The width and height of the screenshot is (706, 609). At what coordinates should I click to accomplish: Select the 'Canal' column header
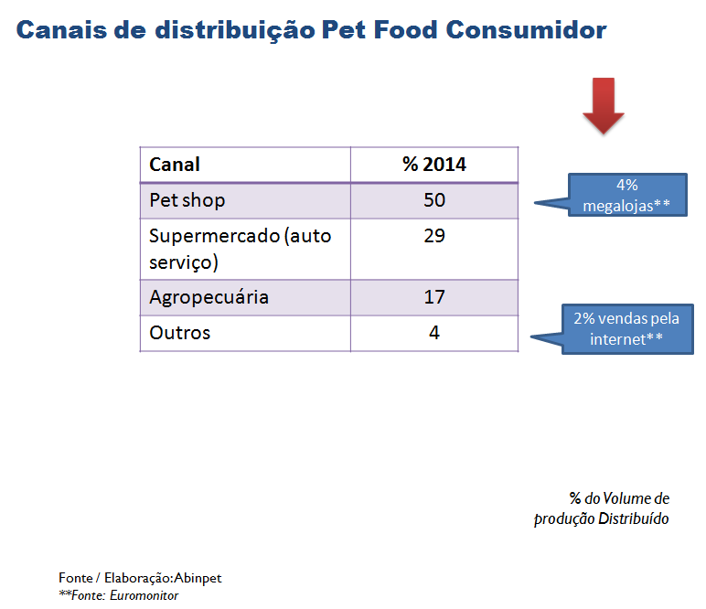(x=175, y=165)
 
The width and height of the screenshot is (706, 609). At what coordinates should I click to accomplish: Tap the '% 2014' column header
(x=433, y=165)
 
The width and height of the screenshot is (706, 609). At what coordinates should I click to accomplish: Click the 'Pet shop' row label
(x=187, y=200)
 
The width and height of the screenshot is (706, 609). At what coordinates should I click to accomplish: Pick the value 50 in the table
(x=433, y=200)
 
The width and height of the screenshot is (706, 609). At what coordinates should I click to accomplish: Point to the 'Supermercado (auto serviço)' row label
(x=240, y=248)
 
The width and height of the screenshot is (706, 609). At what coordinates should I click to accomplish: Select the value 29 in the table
(x=433, y=236)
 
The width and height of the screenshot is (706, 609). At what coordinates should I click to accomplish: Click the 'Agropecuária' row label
(x=209, y=297)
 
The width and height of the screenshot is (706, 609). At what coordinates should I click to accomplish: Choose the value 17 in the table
(x=433, y=297)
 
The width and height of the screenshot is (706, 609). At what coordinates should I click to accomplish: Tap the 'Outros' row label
(x=179, y=333)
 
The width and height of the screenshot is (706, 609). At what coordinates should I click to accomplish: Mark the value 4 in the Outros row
(x=433, y=333)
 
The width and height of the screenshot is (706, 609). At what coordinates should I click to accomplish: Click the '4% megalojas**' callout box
(x=626, y=195)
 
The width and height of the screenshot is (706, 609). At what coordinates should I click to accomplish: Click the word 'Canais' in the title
(x=59, y=30)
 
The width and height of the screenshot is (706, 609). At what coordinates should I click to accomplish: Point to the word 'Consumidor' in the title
(x=526, y=30)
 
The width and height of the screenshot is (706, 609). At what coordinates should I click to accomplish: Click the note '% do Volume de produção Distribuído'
(x=603, y=508)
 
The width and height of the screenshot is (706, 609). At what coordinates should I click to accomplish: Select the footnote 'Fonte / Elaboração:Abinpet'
(x=140, y=578)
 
